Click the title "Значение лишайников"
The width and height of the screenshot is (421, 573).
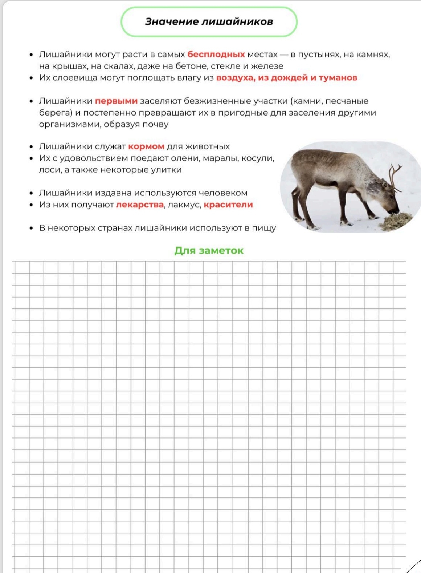tap(209, 22)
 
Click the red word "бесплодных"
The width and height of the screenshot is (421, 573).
tap(216, 55)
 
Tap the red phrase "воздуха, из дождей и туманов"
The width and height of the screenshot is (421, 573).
tap(286, 78)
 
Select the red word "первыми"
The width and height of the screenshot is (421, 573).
tap(116, 101)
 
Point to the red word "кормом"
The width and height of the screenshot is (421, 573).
tap(146, 146)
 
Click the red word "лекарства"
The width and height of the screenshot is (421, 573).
tap(140, 205)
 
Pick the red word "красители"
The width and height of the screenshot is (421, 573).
tap(228, 205)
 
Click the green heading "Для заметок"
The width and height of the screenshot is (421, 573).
tap(209, 251)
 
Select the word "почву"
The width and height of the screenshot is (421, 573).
tap(155, 125)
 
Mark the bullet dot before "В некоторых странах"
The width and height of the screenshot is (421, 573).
tap(31, 228)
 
